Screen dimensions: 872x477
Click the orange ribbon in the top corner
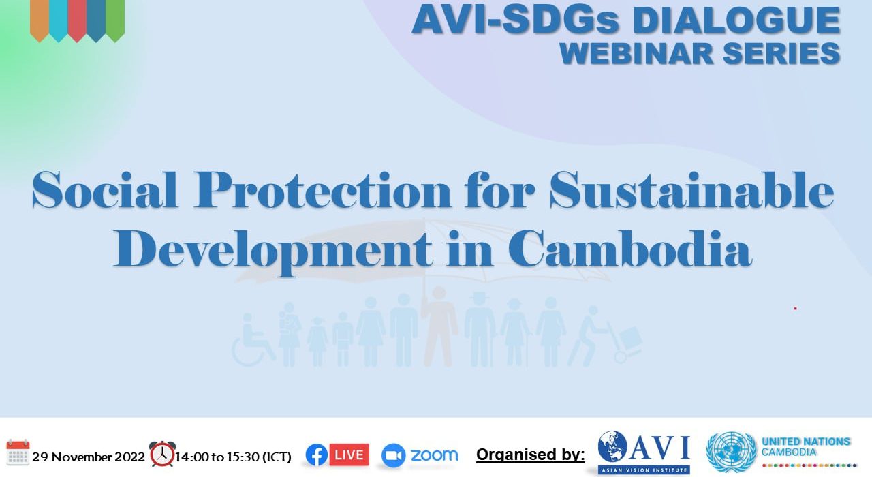[40, 20]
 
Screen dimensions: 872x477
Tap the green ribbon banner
[115, 20]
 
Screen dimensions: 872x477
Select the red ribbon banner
[77, 20]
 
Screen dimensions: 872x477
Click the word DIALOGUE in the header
[736, 20]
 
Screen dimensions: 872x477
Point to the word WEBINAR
[636, 53]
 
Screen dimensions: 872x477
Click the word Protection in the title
[323, 191]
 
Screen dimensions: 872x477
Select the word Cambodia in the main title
[630, 249]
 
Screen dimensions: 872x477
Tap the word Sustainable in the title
[691, 190]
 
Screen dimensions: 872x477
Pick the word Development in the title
[273, 251]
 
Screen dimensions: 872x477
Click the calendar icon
[18, 452]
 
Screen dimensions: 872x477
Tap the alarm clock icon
[162, 454]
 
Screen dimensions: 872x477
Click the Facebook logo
[316, 455]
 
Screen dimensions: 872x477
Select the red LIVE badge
[349, 455]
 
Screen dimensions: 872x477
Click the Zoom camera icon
[393, 455]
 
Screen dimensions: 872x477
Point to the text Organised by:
[531, 455]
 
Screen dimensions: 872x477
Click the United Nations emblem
[732, 452]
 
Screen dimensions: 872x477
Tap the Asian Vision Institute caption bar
[644, 470]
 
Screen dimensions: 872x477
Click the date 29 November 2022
[89, 457]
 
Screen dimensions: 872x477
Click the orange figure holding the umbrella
[439, 326]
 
